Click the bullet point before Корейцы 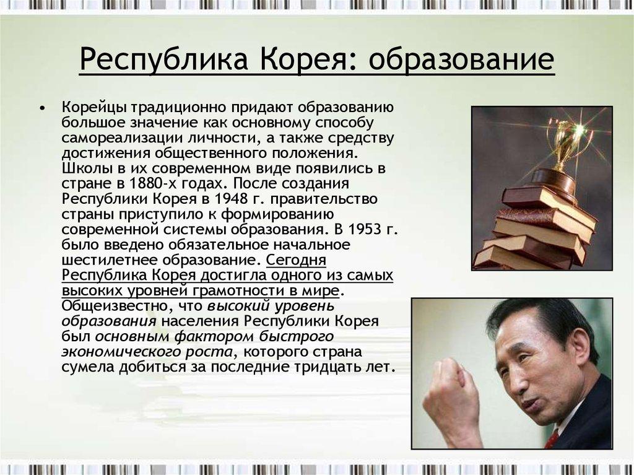[x=41, y=109]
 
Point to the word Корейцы [x=94, y=108]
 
